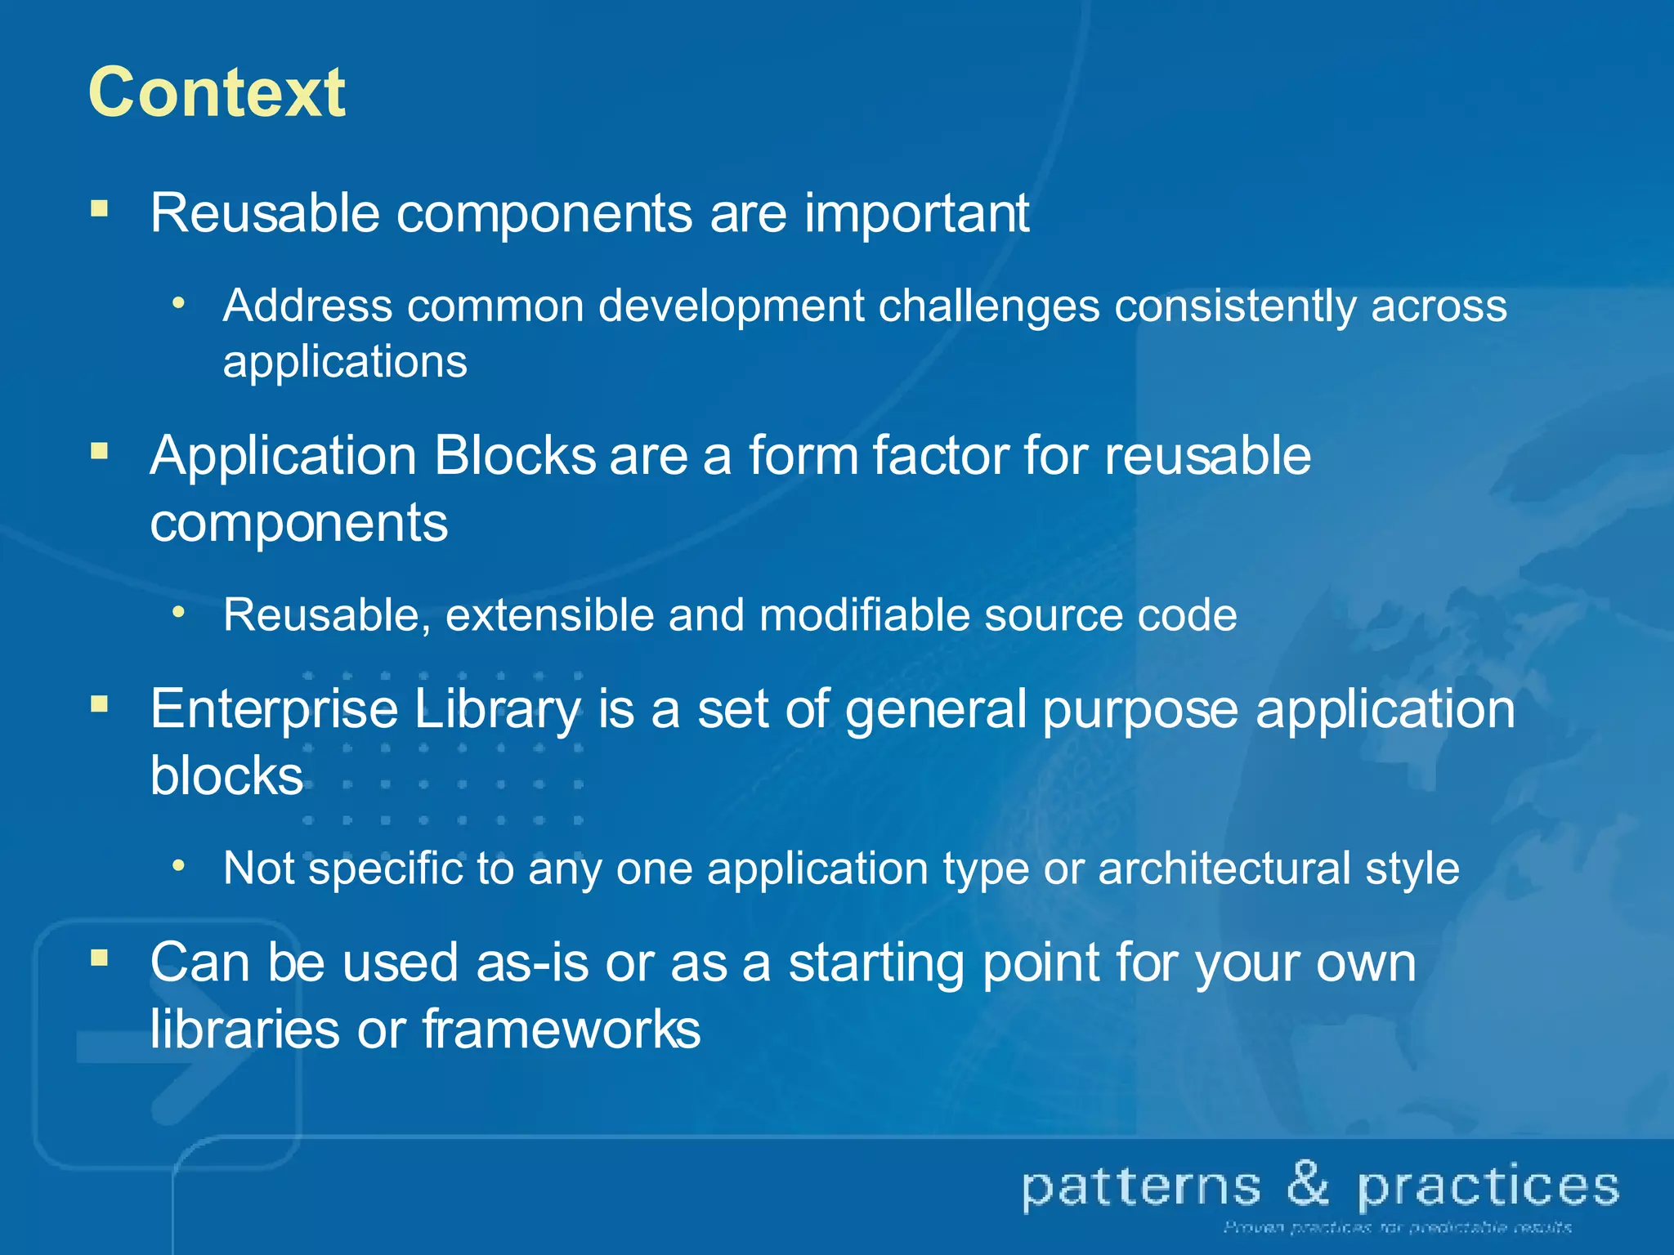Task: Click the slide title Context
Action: [217, 93]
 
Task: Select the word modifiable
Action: [865, 615]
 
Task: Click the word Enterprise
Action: [274, 709]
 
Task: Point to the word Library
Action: [497, 709]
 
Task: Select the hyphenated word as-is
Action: [532, 962]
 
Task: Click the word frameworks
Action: [561, 1029]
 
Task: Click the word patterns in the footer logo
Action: [1142, 1189]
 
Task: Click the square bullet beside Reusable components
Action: [100, 208]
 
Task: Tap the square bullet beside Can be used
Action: [100, 958]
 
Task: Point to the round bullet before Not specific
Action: [178, 865]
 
